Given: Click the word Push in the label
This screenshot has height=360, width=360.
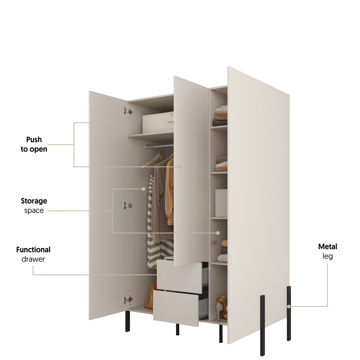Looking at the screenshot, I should coord(34,140).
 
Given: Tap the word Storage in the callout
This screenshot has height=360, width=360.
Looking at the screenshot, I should coord(34,201).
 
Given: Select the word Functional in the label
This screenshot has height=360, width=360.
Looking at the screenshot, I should coord(33,250).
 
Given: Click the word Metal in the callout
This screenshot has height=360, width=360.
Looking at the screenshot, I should coord(328,247).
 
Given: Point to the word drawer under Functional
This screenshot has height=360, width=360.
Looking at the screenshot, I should coord(33,259).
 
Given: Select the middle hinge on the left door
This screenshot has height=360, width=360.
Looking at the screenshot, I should coord(128,206).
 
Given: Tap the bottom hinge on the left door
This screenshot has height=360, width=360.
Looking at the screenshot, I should coord(128,300).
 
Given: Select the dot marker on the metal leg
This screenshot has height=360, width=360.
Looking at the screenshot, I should coord(289,306).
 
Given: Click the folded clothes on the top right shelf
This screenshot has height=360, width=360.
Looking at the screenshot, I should coord(220,115).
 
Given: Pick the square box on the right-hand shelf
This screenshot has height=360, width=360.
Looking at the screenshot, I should coord(221,203).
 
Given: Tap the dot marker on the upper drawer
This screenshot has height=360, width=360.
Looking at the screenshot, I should coord(160,275).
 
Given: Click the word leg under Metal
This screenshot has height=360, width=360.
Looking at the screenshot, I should coord(328,256).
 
